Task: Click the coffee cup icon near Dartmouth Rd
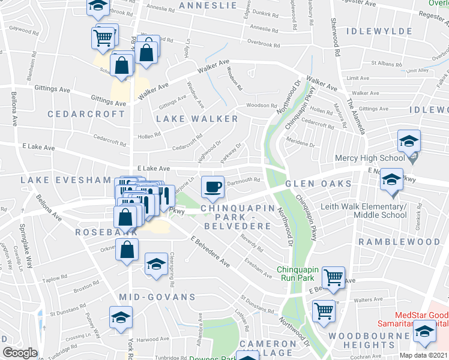(212, 187)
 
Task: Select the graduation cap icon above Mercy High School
(409, 141)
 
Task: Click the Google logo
(20, 352)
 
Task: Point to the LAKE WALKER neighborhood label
(197, 119)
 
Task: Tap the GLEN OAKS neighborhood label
(318, 184)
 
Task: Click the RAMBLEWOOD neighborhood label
(399, 241)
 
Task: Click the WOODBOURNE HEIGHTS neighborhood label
(378, 340)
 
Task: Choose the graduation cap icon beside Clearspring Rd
(155, 263)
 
